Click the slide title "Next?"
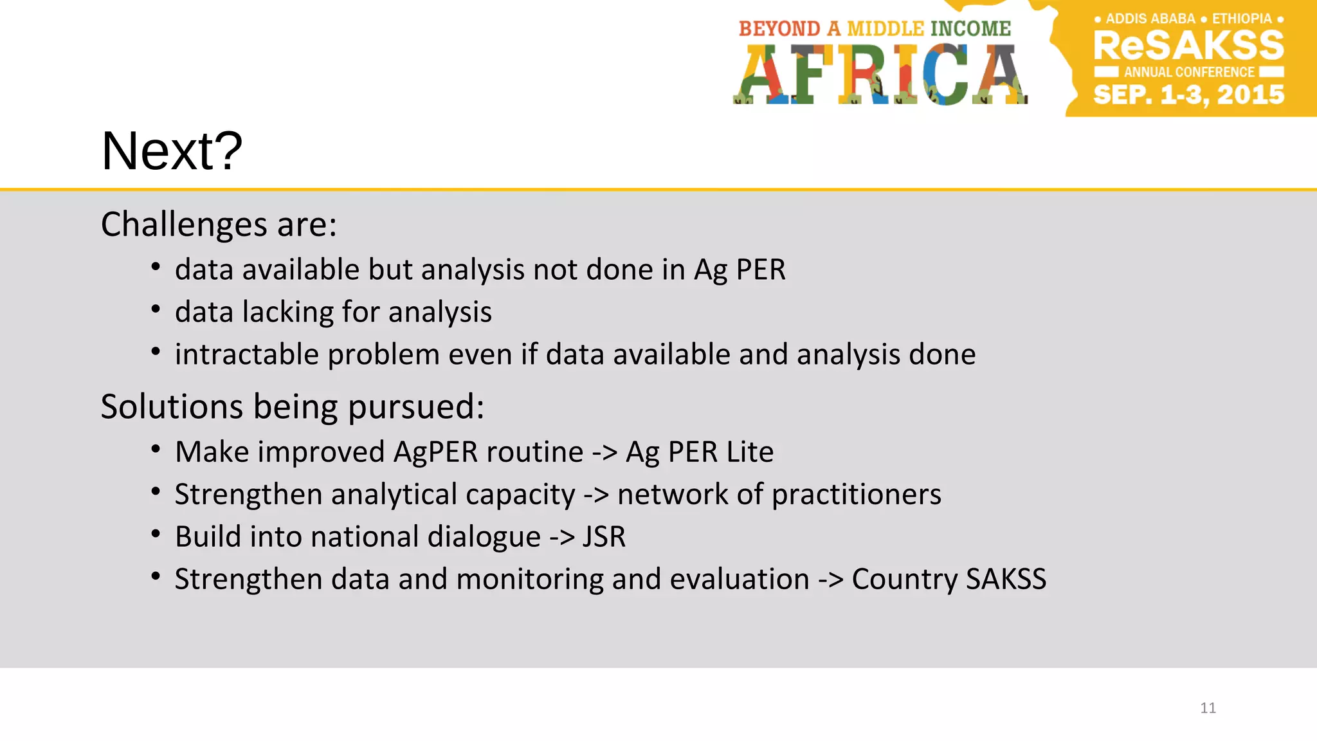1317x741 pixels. click(172, 151)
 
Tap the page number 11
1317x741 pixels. click(1208, 708)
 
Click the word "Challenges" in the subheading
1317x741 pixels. click(184, 224)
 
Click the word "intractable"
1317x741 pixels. click(247, 354)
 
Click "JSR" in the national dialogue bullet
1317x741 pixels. click(604, 537)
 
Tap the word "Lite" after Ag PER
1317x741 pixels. click(750, 452)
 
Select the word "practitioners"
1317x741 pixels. click(856, 495)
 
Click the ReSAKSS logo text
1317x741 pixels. click(1188, 46)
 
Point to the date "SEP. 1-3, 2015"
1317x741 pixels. click(1188, 95)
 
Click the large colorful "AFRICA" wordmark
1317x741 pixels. click(880, 75)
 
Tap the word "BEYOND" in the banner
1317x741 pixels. click(779, 29)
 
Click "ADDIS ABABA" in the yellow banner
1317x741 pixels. click(1150, 19)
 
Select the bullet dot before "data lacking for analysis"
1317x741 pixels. click(156, 310)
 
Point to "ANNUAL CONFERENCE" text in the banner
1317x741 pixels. click(1189, 72)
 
